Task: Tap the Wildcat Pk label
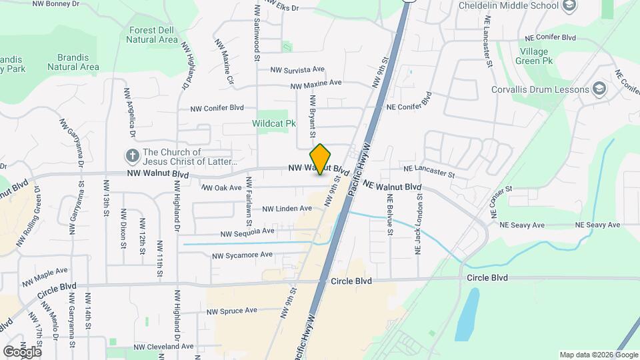(x=273, y=123)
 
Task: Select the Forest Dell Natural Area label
(x=153, y=35)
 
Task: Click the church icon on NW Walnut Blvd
(x=133, y=157)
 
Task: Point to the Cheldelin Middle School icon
(x=569, y=6)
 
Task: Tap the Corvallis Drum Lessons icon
(x=599, y=89)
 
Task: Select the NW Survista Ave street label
(x=297, y=69)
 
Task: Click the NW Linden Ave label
(x=287, y=209)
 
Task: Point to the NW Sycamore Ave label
(x=242, y=255)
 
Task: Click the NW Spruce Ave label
(x=231, y=311)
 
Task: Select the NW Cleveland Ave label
(x=163, y=347)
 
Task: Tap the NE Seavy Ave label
(x=598, y=225)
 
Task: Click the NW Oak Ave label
(x=221, y=188)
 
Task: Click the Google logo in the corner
(x=22, y=351)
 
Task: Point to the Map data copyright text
(x=598, y=355)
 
